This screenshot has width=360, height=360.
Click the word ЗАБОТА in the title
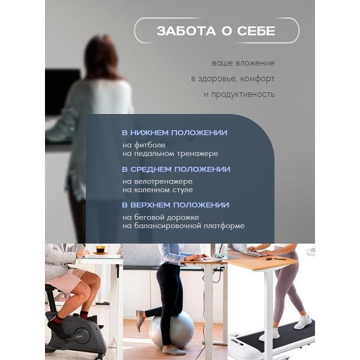point(186,31)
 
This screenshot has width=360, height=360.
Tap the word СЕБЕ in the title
point(256,31)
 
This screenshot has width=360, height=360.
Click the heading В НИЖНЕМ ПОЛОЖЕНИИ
point(175,133)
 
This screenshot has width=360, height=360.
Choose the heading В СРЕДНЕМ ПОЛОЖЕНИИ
point(176,169)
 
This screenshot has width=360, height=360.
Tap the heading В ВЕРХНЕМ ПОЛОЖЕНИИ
point(175,205)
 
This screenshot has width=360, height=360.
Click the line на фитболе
point(144,145)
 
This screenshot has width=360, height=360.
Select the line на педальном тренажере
point(170,154)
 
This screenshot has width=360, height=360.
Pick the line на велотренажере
point(157,181)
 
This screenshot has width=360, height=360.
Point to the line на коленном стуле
point(157,190)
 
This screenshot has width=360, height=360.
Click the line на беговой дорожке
point(161,217)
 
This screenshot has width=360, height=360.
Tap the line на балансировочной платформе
point(184,226)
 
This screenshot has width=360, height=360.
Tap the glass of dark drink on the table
point(101,250)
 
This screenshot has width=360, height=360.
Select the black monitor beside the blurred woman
point(62,92)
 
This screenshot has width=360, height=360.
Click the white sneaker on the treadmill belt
point(303,322)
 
